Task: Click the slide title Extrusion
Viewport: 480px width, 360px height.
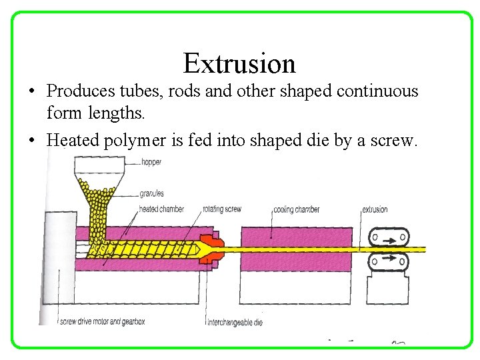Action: tap(239, 63)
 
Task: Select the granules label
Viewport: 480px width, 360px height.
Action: tap(151, 194)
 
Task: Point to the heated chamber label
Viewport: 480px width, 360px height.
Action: tap(161, 209)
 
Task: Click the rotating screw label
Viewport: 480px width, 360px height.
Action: tap(221, 209)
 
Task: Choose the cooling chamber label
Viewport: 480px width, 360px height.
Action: tap(296, 209)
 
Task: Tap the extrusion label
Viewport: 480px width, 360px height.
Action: tap(375, 209)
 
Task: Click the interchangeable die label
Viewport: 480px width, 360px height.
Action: tap(235, 322)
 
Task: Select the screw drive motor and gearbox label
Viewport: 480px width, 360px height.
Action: tap(103, 322)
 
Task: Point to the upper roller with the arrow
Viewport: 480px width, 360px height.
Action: tap(389, 237)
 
